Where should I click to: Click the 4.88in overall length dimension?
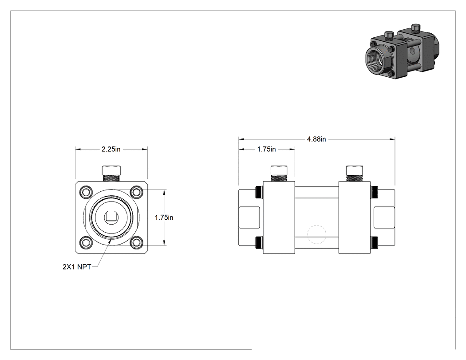click(316, 139)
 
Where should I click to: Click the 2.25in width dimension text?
click(111, 149)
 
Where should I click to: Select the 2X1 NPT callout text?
click(77, 267)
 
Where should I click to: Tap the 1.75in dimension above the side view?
click(267, 149)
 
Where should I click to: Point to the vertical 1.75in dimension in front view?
click(164, 218)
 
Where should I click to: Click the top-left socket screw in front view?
click(86, 192)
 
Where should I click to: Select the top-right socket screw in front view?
click(137, 192)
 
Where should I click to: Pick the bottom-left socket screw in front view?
click(86, 242)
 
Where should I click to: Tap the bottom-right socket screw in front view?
click(137, 242)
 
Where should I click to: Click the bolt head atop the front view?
click(111, 170)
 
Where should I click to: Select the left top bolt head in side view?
click(279, 170)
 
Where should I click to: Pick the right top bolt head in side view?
click(355, 170)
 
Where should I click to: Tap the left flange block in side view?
click(279, 218)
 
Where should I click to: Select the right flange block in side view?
click(355, 218)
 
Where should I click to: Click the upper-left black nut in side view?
click(259, 192)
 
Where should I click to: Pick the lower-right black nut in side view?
click(375, 242)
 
